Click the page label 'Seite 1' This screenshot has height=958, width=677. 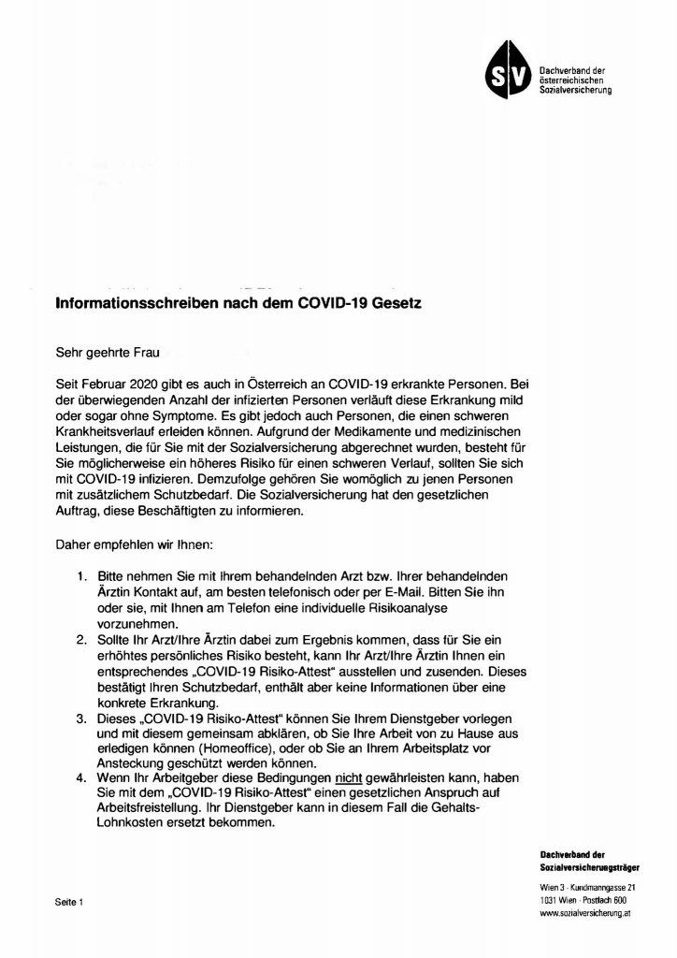tap(69, 903)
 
